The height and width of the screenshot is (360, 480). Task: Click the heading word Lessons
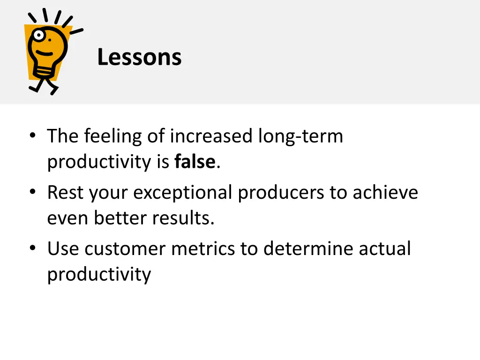point(139,58)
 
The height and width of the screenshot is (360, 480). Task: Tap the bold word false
point(195,162)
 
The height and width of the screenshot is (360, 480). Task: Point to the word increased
point(212,136)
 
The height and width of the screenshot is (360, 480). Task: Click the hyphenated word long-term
point(300,136)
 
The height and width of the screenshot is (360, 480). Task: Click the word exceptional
point(183,193)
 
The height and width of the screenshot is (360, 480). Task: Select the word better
point(121,218)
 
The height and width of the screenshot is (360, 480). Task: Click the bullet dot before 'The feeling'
point(32,137)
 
